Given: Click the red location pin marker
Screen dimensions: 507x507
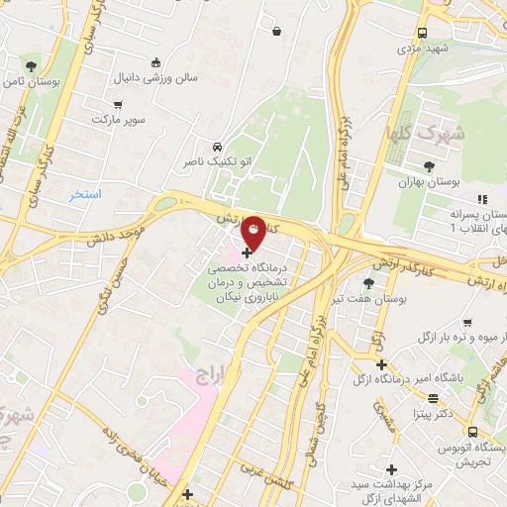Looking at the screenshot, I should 253,234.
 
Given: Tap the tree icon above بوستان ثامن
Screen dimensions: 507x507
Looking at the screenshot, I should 33,66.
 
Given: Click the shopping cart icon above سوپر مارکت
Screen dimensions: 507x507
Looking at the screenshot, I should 118,104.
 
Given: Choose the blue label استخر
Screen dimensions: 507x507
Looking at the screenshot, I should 85,194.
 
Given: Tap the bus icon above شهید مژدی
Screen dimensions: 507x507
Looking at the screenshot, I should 423,32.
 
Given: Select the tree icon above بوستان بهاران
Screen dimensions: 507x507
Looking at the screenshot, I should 428,167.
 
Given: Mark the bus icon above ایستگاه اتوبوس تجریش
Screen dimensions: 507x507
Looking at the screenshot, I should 473,432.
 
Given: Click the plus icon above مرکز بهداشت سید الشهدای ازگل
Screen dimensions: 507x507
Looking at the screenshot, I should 391,469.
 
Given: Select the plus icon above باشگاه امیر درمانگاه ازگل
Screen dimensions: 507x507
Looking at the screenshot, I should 381,364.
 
